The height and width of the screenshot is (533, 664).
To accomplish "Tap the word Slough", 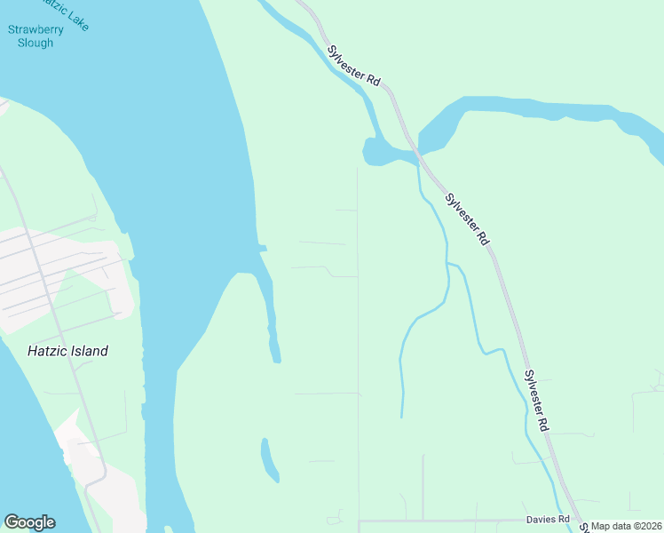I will (x=36, y=43).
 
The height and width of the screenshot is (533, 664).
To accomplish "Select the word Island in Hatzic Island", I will (x=87, y=351).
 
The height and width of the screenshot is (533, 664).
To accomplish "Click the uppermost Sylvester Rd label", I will (x=352, y=66).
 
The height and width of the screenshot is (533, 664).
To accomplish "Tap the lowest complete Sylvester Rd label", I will (x=536, y=401).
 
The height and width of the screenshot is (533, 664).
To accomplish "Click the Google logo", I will (x=29, y=522).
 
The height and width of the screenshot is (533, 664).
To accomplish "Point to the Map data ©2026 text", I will (x=627, y=526).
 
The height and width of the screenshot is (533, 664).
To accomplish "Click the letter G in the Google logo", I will (x=12, y=522).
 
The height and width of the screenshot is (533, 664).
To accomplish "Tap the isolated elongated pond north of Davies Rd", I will (x=268, y=457).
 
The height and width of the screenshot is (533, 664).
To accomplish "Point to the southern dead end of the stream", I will (x=402, y=416).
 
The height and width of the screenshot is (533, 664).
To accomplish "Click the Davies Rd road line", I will (x=444, y=521).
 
